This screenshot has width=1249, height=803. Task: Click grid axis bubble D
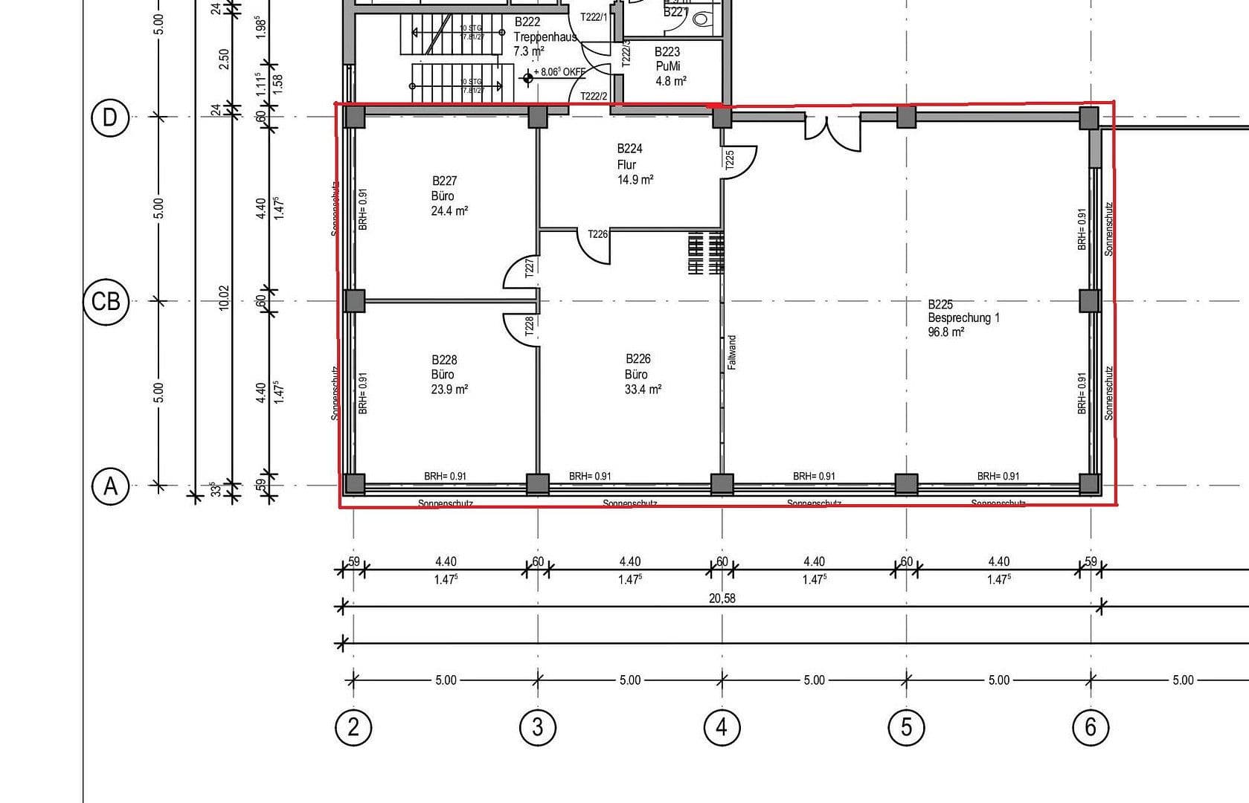click(x=109, y=117)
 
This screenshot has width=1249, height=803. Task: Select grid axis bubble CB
click(x=105, y=301)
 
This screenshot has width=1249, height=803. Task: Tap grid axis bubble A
click(x=110, y=486)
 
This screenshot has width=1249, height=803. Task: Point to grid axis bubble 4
click(x=722, y=726)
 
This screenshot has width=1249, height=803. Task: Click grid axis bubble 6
click(x=1091, y=726)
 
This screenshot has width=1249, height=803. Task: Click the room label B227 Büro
click(x=449, y=196)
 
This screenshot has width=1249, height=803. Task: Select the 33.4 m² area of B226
click(x=643, y=390)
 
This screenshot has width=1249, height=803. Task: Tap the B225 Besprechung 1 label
click(x=963, y=317)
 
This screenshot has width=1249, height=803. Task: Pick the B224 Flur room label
click(x=634, y=164)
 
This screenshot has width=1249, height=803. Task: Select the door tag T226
click(x=597, y=234)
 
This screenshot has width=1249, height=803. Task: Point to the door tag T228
click(x=529, y=326)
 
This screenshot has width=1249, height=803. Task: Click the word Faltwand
click(x=732, y=352)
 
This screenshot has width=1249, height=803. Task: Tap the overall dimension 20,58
click(x=722, y=598)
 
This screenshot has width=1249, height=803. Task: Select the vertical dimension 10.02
click(x=224, y=298)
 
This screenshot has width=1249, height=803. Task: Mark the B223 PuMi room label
click(x=668, y=66)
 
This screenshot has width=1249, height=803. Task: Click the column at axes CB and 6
click(x=1089, y=301)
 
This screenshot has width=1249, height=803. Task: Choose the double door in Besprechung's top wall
click(x=832, y=130)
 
